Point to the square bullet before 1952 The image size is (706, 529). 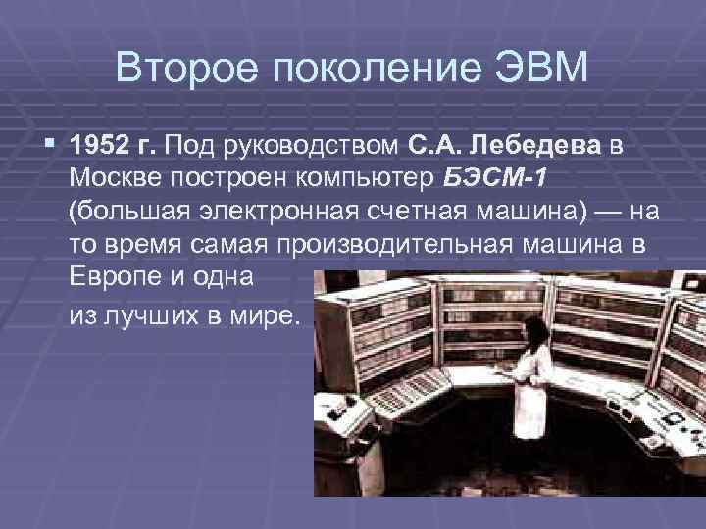(x=51, y=145)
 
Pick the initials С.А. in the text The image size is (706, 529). (x=435, y=146)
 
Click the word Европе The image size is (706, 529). (x=115, y=276)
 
